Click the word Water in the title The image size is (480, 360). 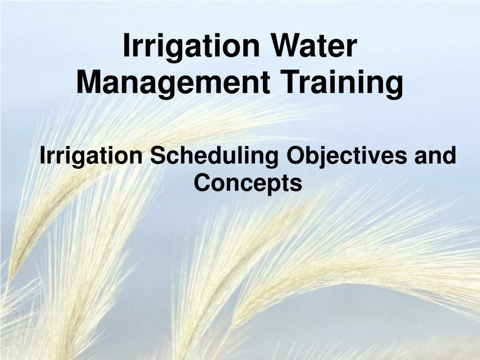tap(315, 46)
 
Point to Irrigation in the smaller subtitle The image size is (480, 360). tap(91, 157)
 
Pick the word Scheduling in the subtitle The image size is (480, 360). tap(214, 157)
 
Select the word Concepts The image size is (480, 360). tap(248, 184)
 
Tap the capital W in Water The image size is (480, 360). tap(287, 46)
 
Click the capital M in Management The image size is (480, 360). tap(89, 82)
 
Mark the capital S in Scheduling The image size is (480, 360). tap(158, 155)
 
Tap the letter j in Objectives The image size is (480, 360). tap(322, 157)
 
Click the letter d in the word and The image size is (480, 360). tap(450, 155)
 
